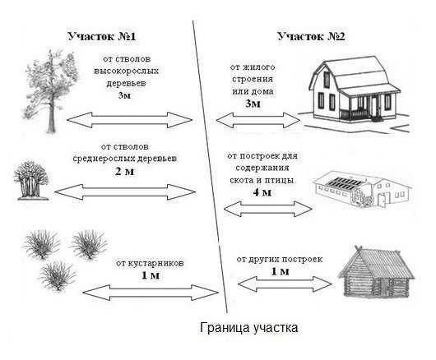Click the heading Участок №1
pyautogui.click(x=102, y=36)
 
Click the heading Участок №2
pyautogui.click(x=311, y=36)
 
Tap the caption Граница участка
pyautogui.click(x=249, y=327)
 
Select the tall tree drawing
pyautogui.click(x=52, y=91)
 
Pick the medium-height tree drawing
pyautogui.click(x=31, y=180)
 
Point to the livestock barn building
pyautogui.click(x=362, y=188)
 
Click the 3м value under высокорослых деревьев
pyautogui.click(x=124, y=95)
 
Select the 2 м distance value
pyautogui.click(x=124, y=172)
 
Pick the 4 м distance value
pyautogui.click(x=262, y=192)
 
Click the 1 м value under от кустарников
pyautogui.click(x=151, y=275)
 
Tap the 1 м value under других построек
pyautogui.click(x=280, y=271)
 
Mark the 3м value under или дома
pyautogui.click(x=253, y=104)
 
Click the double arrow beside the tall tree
pyautogui.click(x=130, y=120)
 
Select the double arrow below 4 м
pyautogui.click(x=268, y=209)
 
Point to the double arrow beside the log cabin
pyautogui.click(x=285, y=284)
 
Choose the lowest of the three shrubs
pyautogui.click(x=57, y=276)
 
